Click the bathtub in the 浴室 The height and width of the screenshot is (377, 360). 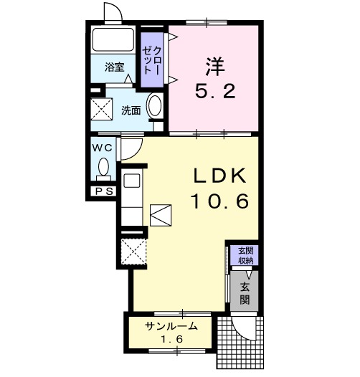tap(113, 39)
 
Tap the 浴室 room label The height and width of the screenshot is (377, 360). tap(114, 67)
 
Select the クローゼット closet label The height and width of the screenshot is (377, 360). tap(151, 60)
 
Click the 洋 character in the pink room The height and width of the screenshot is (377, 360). tap(215, 66)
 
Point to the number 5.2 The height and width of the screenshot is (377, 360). tap(215, 91)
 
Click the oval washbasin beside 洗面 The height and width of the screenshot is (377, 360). tap(154, 106)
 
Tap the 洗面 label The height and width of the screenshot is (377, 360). tap(131, 110)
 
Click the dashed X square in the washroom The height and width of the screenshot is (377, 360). tap(102, 109)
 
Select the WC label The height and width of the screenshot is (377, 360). tap(103, 148)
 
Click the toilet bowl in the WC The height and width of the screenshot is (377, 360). tap(103, 166)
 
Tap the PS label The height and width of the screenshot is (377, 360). tap(105, 191)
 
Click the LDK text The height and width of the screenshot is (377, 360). tap(220, 176)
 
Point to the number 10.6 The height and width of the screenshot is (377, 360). tap(219, 201)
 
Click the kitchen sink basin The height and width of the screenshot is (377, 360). tap(132, 181)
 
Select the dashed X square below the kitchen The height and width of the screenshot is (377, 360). tap(134, 252)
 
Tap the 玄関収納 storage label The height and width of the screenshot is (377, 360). tap(246, 256)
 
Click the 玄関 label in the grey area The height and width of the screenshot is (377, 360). tap(245, 293)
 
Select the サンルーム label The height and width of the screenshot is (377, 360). tap(171, 326)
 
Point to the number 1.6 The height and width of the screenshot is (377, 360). tap(172, 339)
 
